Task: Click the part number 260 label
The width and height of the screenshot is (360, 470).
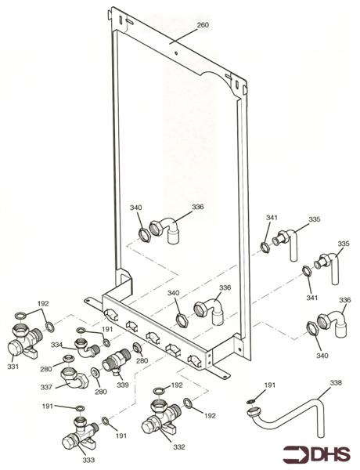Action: point(202,25)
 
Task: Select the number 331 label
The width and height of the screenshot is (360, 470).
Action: point(13,366)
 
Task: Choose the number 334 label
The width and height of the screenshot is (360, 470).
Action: point(57,345)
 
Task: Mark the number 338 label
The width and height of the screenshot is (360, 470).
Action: point(335,384)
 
